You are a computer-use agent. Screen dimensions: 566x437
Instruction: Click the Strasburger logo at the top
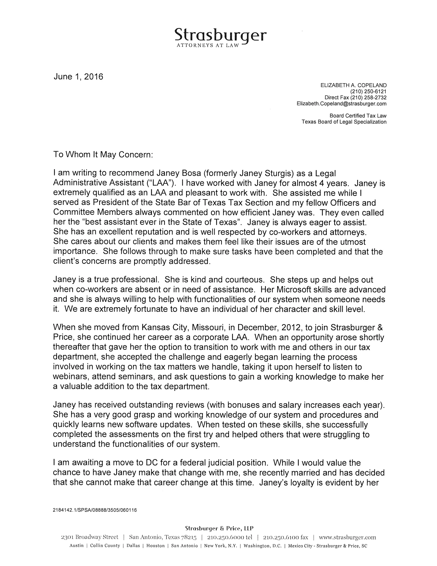[220, 36]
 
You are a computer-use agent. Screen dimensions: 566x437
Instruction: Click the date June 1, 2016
[78, 77]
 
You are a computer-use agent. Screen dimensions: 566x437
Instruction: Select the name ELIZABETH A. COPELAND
[353, 85]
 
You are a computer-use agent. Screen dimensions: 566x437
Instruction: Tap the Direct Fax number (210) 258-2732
[371, 98]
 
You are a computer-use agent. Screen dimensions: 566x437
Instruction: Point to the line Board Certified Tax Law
[358, 116]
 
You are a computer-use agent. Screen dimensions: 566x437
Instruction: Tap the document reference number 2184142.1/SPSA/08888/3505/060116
[95, 510]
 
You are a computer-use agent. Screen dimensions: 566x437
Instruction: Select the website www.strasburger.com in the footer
[347, 537]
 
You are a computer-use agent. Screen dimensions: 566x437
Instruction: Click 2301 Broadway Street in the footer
[90, 537]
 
